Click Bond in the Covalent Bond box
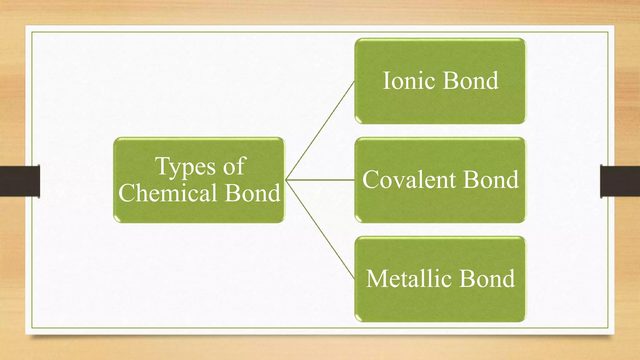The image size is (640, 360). point(491,180)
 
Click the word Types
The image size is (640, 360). point(185,167)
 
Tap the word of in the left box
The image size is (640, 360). point(235,166)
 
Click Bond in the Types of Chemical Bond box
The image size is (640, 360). point(252,193)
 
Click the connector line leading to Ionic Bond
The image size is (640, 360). point(320,131)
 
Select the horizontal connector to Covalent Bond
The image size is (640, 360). point(320,180)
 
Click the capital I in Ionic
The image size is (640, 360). point(387,81)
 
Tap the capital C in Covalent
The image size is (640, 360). point(372,180)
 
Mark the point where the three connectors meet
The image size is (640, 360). point(286,180)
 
